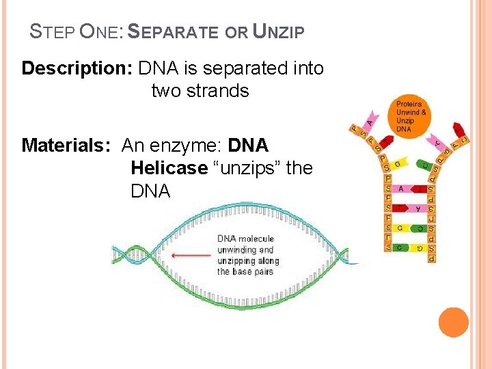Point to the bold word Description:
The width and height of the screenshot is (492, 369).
pos(77,68)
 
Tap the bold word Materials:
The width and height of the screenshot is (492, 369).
pos(68,146)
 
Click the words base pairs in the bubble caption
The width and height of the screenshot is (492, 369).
pos(253,271)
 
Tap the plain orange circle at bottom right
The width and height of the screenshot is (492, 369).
pos(454,322)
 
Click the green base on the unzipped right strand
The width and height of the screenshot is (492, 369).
pos(426,164)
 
